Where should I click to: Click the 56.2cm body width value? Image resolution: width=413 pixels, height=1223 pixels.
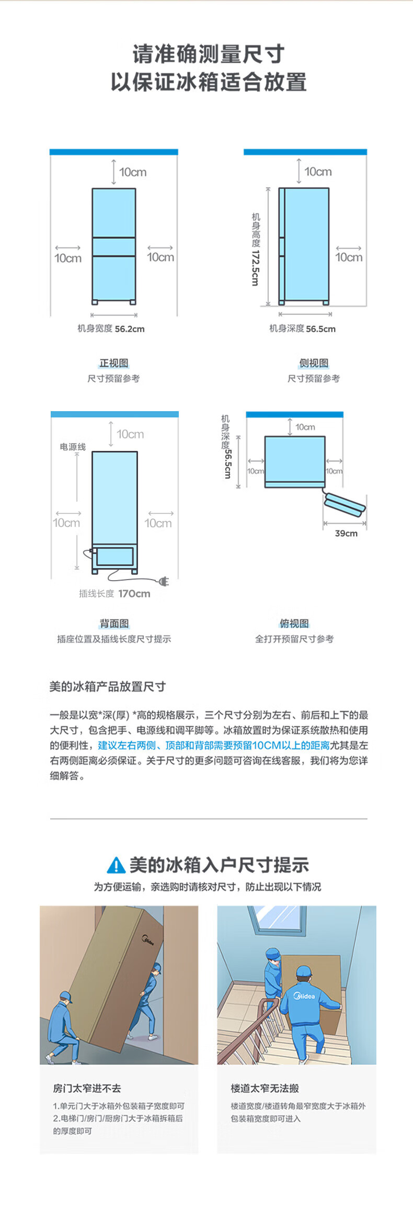click(x=130, y=329)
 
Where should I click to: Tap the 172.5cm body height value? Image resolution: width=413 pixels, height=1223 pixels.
click(x=255, y=268)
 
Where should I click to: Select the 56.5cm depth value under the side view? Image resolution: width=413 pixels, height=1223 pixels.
click(x=320, y=329)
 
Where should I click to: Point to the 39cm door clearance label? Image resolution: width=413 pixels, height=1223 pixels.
click(x=346, y=534)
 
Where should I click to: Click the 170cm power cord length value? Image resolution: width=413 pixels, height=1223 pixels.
click(x=134, y=594)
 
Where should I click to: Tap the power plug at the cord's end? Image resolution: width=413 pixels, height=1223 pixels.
click(x=164, y=581)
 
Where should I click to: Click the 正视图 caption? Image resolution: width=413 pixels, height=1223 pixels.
click(x=114, y=363)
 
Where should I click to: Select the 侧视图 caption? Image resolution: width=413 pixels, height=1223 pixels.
click(x=314, y=363)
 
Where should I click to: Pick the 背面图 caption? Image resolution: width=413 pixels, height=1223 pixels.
click(x=114, y=624)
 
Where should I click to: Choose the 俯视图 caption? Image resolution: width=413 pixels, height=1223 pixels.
click(x=294, y=624)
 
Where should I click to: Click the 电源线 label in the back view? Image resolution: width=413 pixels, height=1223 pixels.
click(x=73, y=447)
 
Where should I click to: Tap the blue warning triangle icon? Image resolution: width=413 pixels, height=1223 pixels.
click(x=116, y=865)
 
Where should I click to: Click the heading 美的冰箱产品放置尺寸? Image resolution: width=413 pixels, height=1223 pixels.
click(x=107, y=686)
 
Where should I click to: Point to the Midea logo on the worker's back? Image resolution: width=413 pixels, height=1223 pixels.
click(x=304, y=995)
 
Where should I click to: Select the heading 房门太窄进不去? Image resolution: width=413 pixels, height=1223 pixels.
click(x=87, y=1088)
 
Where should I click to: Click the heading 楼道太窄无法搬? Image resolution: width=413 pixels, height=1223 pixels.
click(x=265, y=1088)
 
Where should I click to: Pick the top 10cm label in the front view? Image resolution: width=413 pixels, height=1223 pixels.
click(x=132, y=172)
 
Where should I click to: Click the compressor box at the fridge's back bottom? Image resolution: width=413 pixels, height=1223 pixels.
click(x=114, y=557)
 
